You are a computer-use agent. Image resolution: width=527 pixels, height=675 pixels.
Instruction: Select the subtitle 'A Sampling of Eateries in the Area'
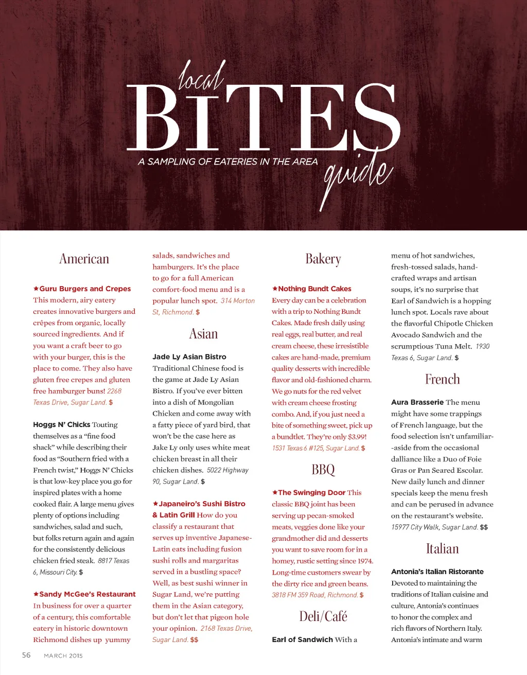[227, 162]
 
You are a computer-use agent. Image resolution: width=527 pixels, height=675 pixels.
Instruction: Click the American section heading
[84, 258]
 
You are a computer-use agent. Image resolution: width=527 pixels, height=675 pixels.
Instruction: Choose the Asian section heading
[203, 334]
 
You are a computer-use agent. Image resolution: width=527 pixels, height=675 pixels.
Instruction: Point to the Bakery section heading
[323, 258]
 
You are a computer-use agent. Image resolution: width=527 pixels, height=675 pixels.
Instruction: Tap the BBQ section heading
[323, 469]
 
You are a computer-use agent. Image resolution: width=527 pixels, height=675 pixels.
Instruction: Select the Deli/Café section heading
[323, 616]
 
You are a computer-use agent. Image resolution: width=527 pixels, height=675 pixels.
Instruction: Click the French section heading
[442, 379]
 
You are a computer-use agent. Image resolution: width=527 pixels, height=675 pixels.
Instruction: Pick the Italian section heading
[442, 548]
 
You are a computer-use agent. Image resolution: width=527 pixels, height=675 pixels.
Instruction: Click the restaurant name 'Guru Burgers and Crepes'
[85, 289]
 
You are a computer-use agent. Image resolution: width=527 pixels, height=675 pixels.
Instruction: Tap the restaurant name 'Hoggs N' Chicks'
[62, 424]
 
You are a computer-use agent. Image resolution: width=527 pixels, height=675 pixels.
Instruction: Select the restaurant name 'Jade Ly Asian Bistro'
[189, 357]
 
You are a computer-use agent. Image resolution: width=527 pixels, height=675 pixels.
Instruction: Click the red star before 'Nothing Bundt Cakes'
[275, 289]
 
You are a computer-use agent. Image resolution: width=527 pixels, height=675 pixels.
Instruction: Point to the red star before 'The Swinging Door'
[275, 492]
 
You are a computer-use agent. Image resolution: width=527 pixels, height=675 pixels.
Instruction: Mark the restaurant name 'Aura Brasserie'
[417, 402]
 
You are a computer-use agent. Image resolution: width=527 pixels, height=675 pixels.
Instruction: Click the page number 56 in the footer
[26, 655]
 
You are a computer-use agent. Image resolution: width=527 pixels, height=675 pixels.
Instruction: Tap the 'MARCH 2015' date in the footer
[63, 655]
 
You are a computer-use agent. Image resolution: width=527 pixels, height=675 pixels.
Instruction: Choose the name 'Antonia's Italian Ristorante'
[437, 572]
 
